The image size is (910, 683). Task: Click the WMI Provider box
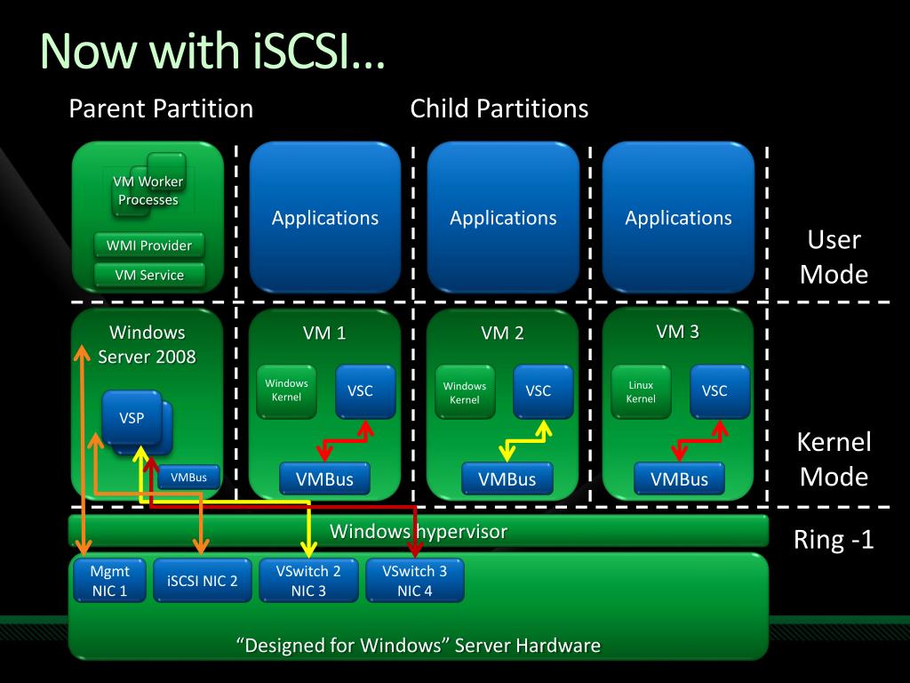149,245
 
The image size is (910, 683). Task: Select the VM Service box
149,275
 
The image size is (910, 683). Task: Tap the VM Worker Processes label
148,190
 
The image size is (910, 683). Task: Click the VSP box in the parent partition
132,418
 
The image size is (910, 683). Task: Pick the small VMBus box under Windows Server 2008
188,478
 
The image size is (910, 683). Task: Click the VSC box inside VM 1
365,391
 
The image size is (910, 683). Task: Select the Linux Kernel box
641,391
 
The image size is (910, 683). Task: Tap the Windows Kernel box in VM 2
465,392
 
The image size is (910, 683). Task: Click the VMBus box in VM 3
679,478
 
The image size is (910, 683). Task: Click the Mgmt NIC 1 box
109,580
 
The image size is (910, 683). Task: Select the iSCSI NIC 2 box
202,580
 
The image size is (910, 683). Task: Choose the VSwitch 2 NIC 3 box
308,580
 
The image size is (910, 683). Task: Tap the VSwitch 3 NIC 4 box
414,580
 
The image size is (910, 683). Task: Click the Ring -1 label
834,540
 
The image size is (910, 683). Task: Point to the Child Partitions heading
499,108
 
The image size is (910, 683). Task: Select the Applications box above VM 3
678,217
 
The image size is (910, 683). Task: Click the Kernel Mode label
834,460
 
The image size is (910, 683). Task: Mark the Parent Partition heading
161,108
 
